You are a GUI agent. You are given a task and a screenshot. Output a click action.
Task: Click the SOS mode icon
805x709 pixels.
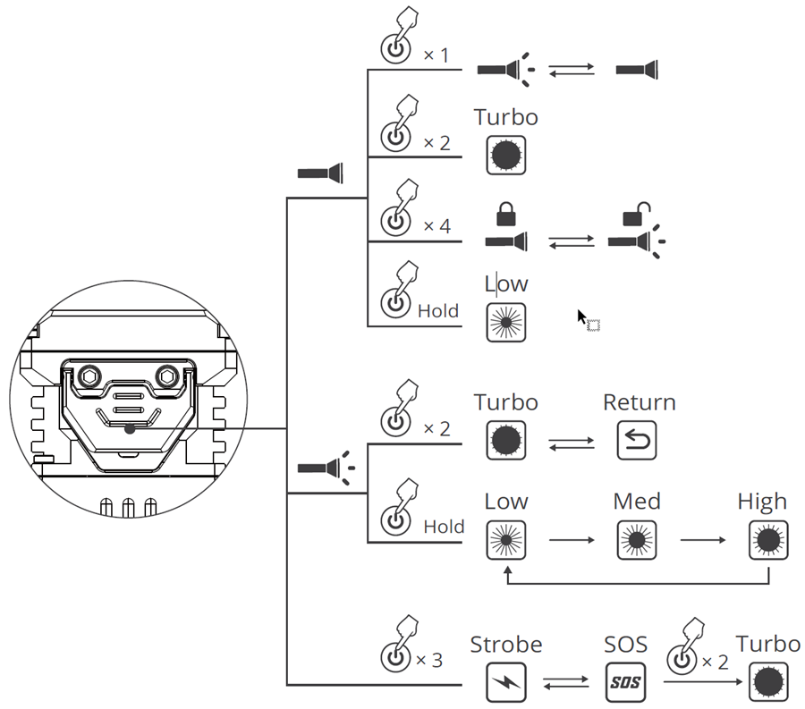626,683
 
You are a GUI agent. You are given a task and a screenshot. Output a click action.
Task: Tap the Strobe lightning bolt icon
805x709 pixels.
505,683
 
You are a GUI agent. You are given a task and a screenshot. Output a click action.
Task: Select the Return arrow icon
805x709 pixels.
636,440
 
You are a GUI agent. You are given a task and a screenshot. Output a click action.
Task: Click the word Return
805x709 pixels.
639,402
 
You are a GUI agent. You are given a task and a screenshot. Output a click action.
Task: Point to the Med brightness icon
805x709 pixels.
636,540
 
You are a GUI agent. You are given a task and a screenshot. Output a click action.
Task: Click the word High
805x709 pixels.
762,502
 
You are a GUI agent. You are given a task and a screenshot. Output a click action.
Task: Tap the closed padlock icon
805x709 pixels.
506,215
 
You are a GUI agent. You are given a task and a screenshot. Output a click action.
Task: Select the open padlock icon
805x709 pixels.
636,214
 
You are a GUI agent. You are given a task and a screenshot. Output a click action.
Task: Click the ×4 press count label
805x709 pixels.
436,226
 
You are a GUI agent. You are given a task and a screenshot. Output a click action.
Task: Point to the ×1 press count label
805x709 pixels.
436,55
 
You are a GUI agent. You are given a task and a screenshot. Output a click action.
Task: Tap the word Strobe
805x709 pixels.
505,645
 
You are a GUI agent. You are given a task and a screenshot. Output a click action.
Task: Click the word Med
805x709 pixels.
637,502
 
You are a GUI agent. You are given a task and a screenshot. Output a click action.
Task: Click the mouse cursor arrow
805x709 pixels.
582,317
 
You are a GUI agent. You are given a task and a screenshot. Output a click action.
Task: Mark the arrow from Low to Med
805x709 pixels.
571,540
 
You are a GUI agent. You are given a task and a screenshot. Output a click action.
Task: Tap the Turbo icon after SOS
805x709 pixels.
767,683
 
